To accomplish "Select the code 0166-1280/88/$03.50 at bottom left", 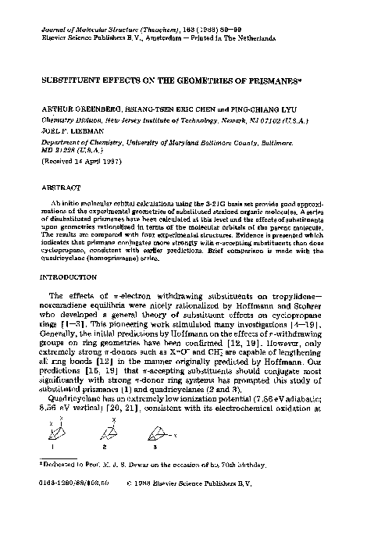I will pos(73,515).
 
